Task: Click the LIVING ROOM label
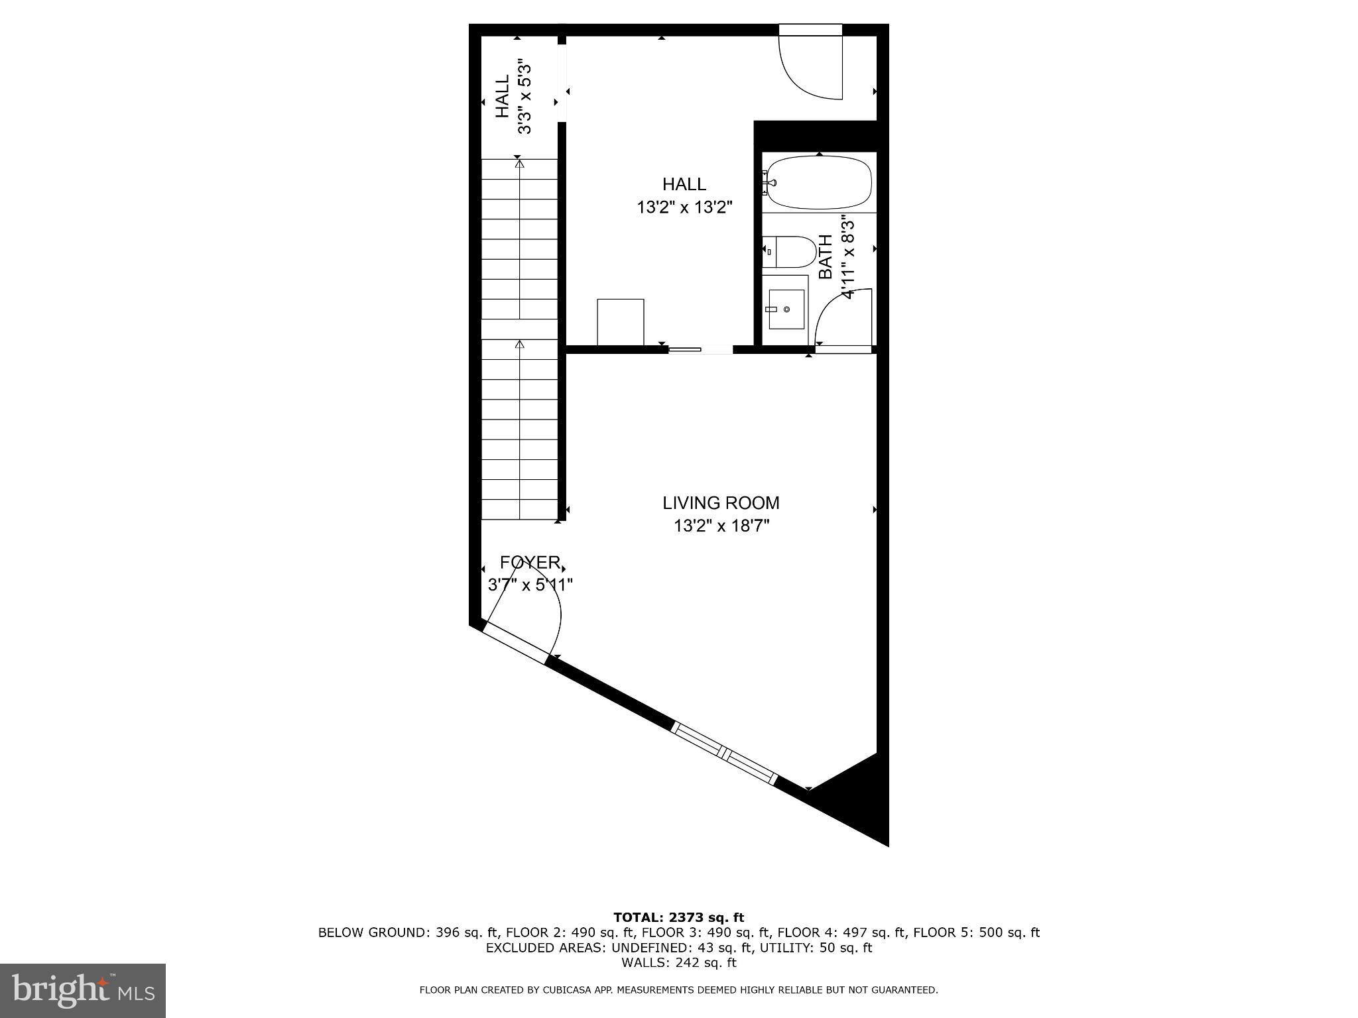721,503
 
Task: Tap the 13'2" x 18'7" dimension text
721,526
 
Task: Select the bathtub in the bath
819,182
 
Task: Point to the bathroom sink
786,309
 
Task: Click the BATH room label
826,257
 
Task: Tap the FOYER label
530,563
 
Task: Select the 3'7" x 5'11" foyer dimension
530,585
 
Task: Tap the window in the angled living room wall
724,753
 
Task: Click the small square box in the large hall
620,322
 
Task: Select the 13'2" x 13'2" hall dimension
684,208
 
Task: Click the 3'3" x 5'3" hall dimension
525,97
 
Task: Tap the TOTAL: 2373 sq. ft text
678,918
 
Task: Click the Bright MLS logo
83,990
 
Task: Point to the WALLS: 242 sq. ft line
678,963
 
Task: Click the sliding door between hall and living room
700,349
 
